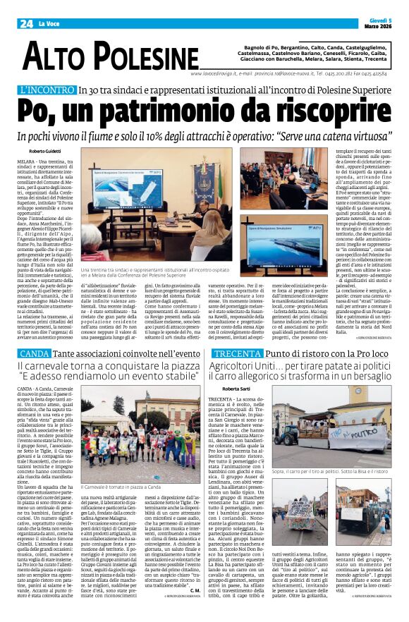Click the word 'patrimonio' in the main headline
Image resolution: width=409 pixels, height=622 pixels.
click(x=170, y=110)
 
